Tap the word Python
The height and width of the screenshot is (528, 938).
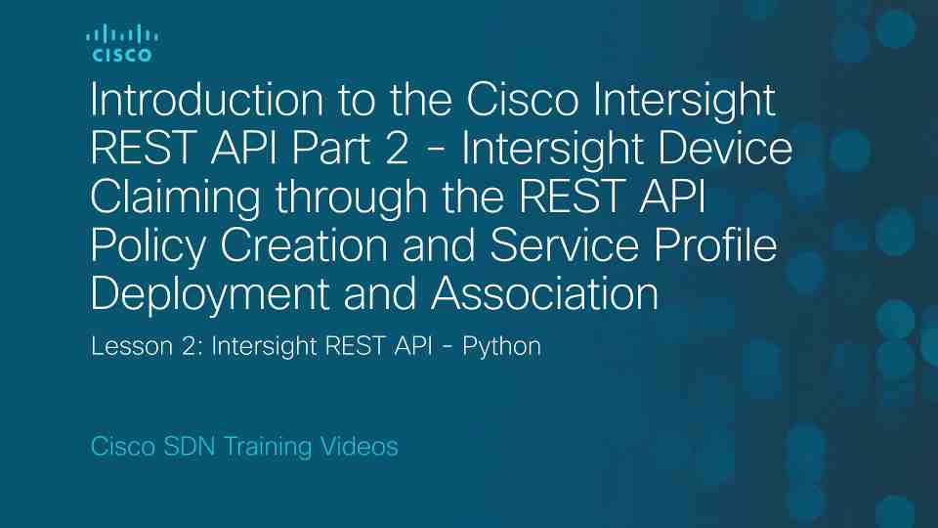click(x=505, y=348)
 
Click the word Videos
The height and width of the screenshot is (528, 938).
click(x=359, y=447)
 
